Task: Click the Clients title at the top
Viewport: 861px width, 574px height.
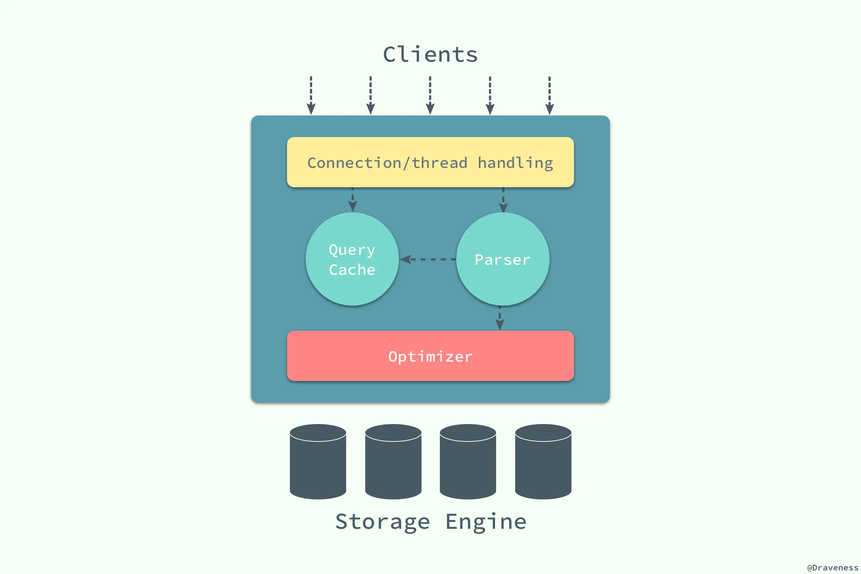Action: pyautogui.click(x=430, y=55)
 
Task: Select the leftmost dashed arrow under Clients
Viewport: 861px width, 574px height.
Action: pyautogui.click(x=311, y=95)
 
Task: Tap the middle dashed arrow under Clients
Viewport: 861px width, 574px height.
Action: pyautogui.click(x=430, y=95)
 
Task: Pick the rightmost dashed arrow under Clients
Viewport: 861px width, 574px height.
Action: pyautogui.click(x=550, y=95)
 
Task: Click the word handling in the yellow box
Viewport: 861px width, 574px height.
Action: pyautogui.click(x=516, y=163)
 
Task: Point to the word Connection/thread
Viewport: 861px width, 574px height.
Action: pyautogui.click(x=387, y=163)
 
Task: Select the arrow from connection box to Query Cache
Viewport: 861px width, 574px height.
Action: pyautogui.click(x=353, y=200)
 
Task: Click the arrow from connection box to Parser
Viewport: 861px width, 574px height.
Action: pyautogui.click(x=503, y=200)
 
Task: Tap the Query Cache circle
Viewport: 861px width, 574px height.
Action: pyautogui.click(x=352, y=259)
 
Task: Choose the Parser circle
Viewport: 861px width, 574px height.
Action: pyautogui.click(x=503, y=259)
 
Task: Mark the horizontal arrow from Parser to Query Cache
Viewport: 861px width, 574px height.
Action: pyautogui.click(x=428, y=259)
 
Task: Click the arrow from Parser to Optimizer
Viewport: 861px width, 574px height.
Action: pyautogui.click(x=500, y=318)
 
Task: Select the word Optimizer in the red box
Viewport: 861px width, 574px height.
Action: pyautogui.click(x=430, y=357)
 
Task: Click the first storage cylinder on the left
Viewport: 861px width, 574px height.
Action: pyautogui.click(x=318, y=462)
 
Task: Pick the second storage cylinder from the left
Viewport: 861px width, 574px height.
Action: pyautogui.click(x=393, y=462)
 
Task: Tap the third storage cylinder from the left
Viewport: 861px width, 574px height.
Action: pyautogui.click(x=468, y=462)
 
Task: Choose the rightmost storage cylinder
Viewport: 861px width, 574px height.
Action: pyautogui.click(x=543, y=462)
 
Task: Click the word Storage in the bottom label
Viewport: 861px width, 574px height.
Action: pyautogui.click(x=382, y=522)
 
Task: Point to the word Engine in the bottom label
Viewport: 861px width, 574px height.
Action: pyautogui.click(x=486, y=522)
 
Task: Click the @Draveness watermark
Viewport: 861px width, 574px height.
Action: pyautogui.click(x=832, y=568)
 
